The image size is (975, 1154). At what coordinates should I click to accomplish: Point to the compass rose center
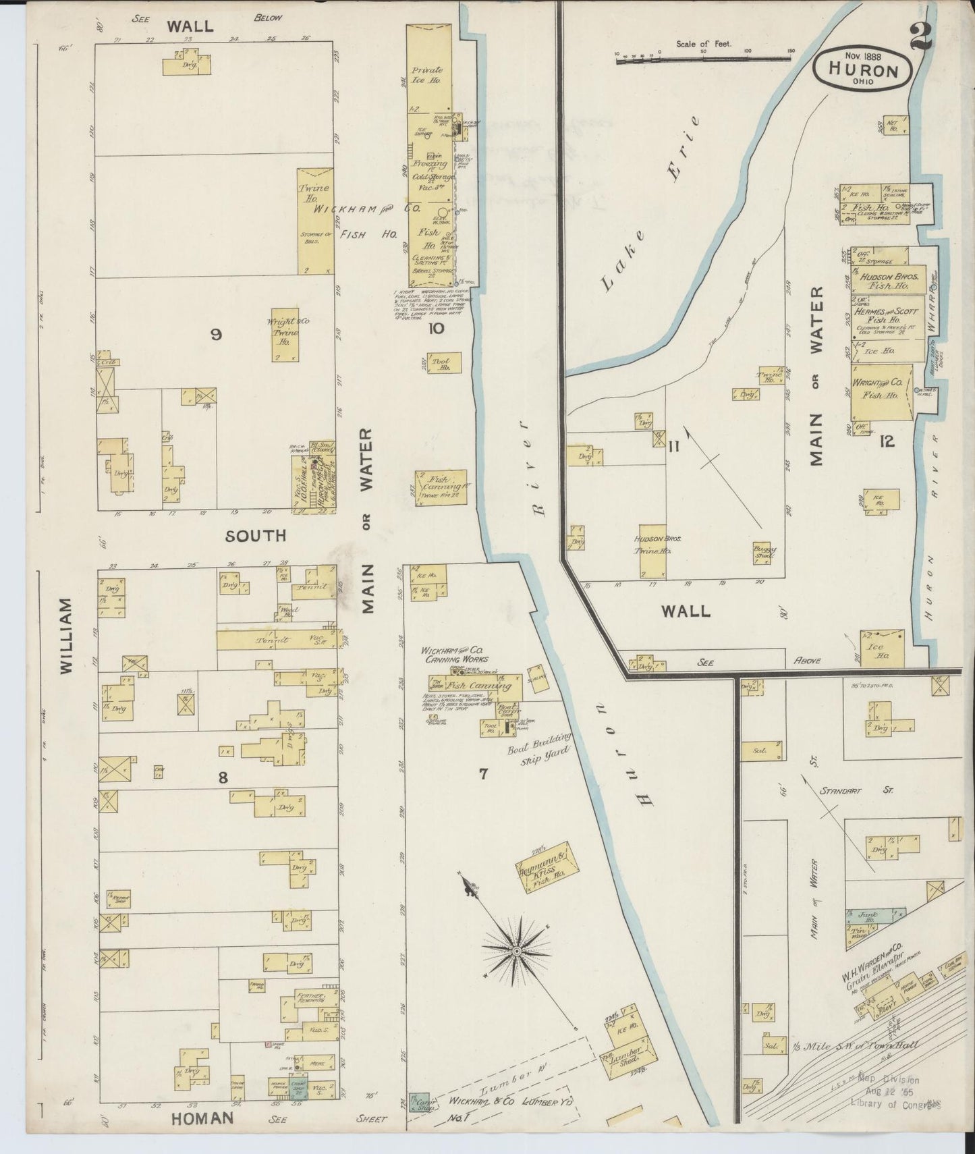coord(516,951)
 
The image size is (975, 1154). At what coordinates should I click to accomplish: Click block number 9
coord(216,333)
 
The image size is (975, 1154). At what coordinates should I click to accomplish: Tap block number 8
coord(223,777)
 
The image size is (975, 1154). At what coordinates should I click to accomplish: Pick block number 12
coord(886,441)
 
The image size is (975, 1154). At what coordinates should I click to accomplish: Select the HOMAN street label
coord(202,1118)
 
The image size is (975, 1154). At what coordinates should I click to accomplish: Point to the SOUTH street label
coord(256,535)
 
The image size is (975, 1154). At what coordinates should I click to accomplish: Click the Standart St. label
coord(856,790)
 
